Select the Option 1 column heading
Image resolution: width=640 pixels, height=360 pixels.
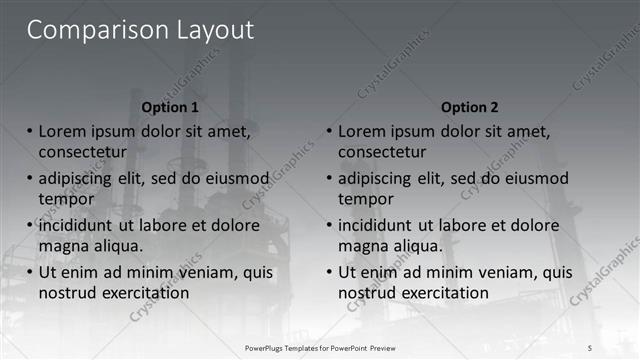point(170,107)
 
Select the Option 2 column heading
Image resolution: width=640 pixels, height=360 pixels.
point(470,107)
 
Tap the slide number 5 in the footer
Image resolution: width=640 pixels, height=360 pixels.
point(590,347)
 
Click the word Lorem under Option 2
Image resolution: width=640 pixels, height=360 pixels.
point(365,131)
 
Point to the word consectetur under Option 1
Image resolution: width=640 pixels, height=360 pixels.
point(82,152)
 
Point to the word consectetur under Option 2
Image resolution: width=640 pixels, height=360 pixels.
point(382,152)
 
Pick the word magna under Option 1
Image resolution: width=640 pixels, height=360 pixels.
point(64,246)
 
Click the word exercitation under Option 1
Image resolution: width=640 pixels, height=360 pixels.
point(144,293)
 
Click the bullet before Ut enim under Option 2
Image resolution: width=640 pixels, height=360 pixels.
point(329,272)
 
